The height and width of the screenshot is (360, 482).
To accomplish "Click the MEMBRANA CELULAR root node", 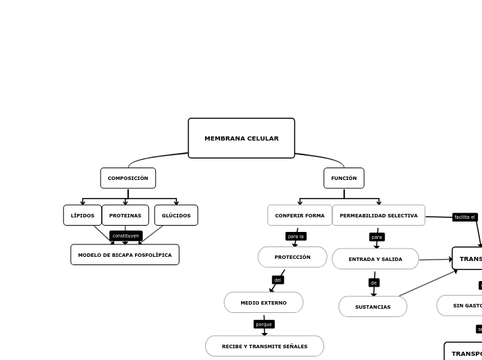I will click(241, 138).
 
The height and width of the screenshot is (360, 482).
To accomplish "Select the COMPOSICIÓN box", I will click(128, 178).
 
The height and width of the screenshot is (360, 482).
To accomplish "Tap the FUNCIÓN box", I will click(343, 178).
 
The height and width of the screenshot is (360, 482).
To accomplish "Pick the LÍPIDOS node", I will click(82, 215).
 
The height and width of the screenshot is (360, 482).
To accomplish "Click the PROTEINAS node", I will click(125, 215).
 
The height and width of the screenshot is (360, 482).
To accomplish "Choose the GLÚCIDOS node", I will click(176, 215).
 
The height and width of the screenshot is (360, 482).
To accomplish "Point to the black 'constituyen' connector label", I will click(126, 235).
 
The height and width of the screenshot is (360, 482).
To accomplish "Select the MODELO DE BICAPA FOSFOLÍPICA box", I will click(125, 255).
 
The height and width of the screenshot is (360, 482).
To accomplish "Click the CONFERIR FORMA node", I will click(299, 215).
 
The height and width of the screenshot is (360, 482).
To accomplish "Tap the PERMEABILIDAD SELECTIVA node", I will click(379, 215).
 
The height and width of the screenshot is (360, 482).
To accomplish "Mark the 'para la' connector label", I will click(296, 236).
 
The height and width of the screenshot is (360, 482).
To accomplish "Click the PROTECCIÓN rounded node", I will click(292, 257).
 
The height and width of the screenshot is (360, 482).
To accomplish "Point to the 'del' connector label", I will click(278, 280).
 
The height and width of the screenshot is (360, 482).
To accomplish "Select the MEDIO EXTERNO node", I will click(263, 303).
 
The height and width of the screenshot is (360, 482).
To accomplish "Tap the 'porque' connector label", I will click(264, 324).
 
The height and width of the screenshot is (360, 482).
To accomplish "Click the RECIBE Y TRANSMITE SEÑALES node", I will click(265, 346).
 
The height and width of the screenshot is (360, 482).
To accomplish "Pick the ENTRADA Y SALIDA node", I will click(375, 259).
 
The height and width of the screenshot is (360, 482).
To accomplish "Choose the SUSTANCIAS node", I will click(373, 307).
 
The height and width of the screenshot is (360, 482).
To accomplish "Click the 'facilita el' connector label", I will click(465, 217).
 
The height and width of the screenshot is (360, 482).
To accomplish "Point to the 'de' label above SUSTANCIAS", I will click(374, 282).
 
